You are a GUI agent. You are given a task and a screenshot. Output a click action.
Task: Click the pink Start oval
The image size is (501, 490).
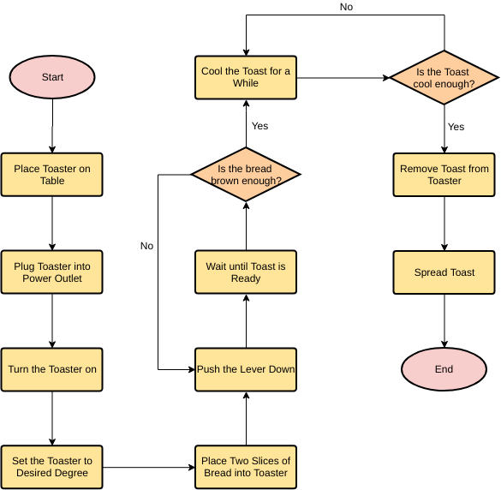(x=52, y=77)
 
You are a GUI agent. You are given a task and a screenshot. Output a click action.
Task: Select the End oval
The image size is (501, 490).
(x=444, y=369)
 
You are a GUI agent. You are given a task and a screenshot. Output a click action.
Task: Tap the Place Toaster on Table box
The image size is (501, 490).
(x=52, y=175)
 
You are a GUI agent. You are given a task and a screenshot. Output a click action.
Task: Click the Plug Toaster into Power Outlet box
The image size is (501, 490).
(x=52, y=272)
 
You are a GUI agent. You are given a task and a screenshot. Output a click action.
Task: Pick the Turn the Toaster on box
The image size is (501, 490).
(x=52, y=369)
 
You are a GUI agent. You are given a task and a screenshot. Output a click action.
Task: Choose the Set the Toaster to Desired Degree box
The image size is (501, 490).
(x=52, y=467)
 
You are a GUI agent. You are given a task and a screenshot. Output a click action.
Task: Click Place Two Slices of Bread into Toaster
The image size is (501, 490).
(x=246, y=467)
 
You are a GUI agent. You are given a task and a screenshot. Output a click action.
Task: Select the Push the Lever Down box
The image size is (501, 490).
(x=246, y=369)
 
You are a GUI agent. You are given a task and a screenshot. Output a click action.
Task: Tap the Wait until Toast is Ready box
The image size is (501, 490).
(x=246, y=272)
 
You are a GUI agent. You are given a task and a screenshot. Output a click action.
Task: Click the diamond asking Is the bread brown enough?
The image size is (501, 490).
(x=246, y=175)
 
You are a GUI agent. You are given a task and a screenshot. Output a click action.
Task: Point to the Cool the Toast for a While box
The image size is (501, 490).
(x=246, y=77)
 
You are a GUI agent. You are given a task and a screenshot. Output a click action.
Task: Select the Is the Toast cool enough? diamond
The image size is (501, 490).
(x=444, y=77)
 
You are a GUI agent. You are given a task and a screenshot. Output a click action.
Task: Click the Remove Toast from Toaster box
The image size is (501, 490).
(x=444, y=175)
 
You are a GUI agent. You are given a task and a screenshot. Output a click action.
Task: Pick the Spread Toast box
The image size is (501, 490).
(x=444, y=272)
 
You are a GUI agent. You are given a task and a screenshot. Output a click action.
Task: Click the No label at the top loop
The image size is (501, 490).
(x=346, y=7)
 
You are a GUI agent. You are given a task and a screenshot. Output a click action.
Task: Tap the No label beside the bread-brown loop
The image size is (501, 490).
(x=146, y=246)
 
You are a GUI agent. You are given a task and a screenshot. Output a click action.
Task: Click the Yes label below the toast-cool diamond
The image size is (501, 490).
(x=456, y=127)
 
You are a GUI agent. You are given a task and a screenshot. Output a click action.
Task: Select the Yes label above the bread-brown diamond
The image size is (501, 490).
(x=259, y=126)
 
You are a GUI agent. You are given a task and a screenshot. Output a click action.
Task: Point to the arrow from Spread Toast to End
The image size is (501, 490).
(x=444, y=320)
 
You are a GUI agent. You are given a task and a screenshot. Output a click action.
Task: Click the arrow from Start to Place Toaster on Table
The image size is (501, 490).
(x=52, y=126)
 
